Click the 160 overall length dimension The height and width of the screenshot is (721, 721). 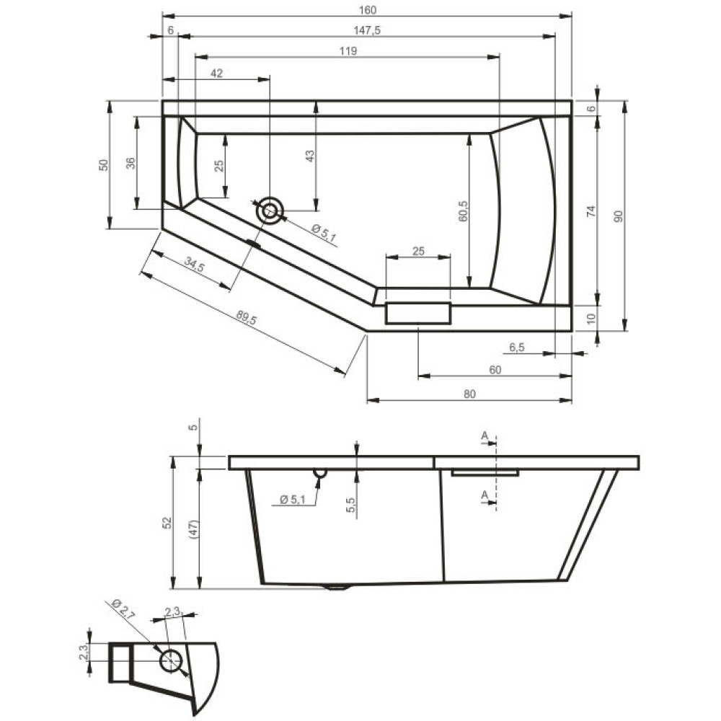coord(368,9)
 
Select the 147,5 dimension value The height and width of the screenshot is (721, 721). coord(367,30)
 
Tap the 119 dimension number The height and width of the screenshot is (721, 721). coord(348,51)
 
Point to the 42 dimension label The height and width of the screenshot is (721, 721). coord(216,73)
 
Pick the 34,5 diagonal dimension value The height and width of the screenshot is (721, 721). coord(195,264)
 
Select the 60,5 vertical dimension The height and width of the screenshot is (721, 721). coord(463,211)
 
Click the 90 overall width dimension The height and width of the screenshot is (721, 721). coord(619,216)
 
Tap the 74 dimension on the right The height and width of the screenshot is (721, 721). coord(591,211)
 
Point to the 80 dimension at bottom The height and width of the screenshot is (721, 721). coord(469,394)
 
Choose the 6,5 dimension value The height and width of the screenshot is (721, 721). coord(517,348)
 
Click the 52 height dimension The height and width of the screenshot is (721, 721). coord(167,523)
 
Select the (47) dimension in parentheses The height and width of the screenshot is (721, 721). coord(193,529)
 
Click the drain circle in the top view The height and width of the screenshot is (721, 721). coord(270,211)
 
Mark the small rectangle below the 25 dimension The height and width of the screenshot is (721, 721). coord(418,313)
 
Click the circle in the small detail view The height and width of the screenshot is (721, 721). coord(171,661)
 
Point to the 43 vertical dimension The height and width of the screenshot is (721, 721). coord(310,156)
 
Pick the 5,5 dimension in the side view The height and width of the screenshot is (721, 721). coord(351,505)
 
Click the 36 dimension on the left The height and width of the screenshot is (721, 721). coord(131,163)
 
